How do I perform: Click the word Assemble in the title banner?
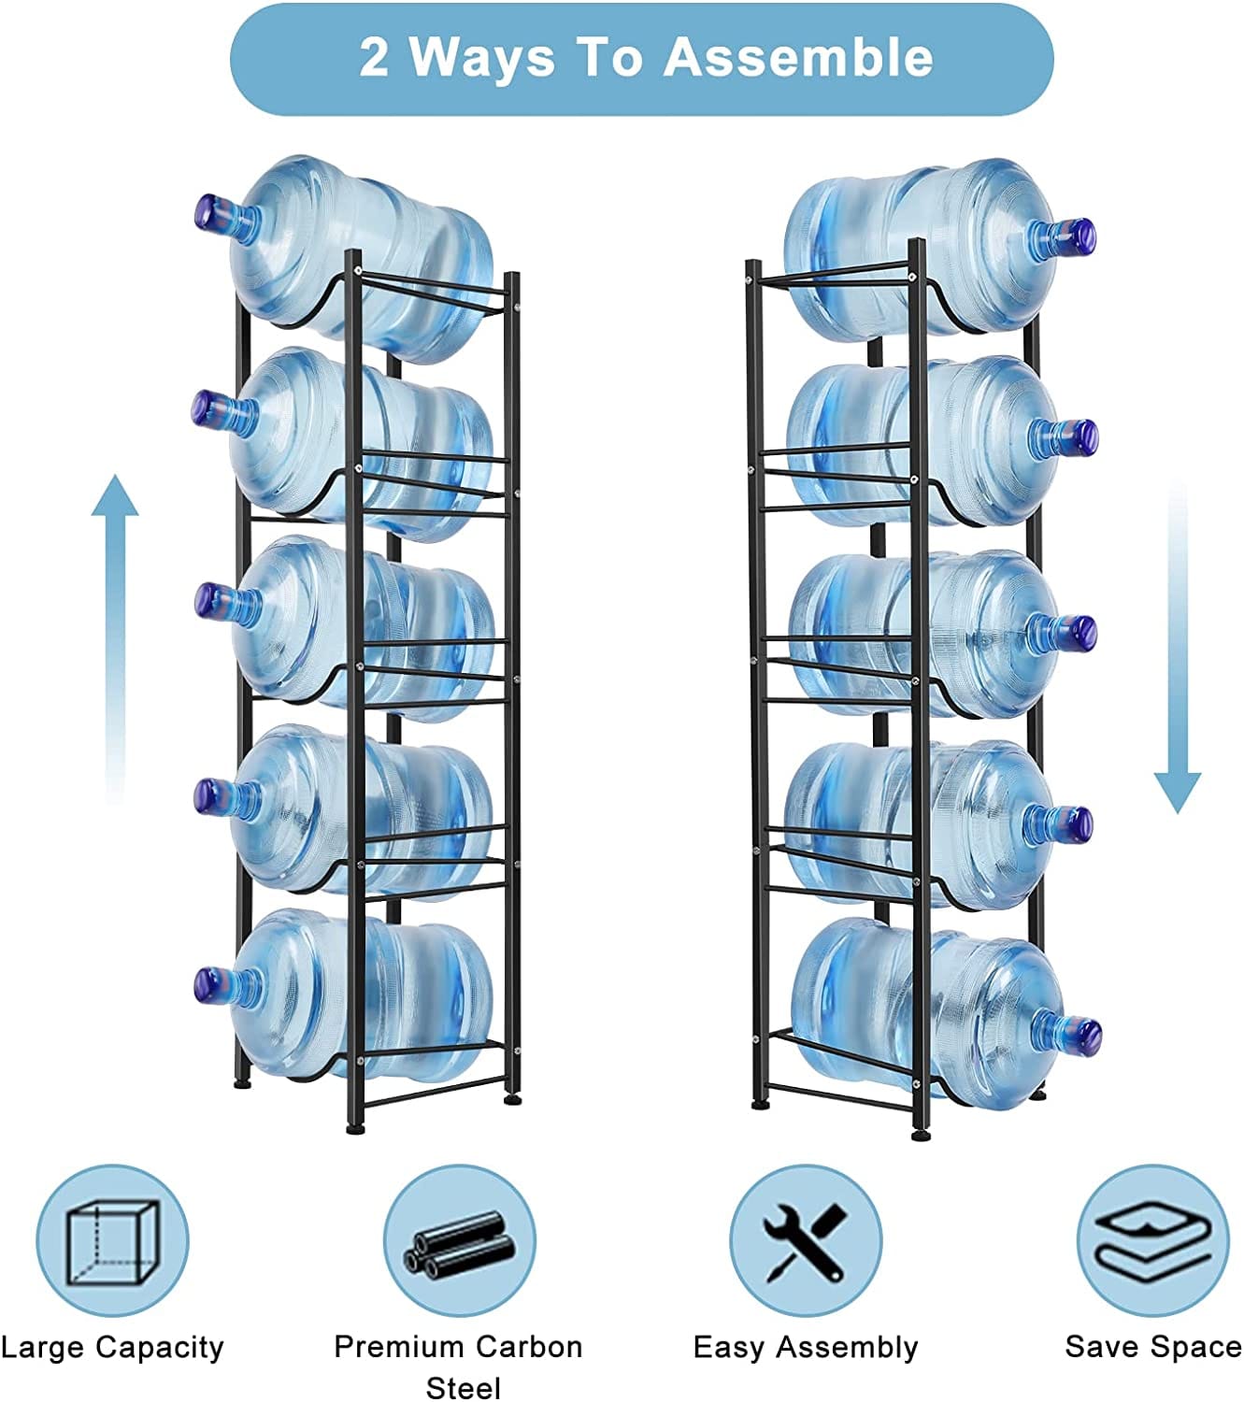798,57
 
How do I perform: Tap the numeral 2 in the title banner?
374,57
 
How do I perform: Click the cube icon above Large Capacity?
111,1240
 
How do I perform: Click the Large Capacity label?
112,1348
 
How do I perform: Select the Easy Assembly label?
806,1348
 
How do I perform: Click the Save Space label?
1153,1347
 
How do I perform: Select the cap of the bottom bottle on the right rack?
1088,1036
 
